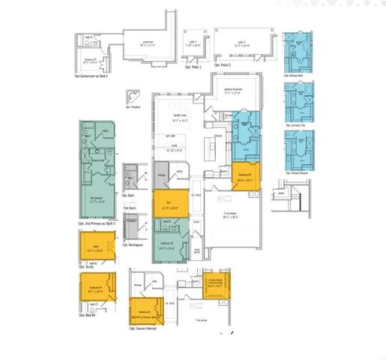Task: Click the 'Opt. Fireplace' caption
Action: (x=130, y=107)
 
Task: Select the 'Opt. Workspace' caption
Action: (x=136, y=244)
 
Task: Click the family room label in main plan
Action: (x=179, y=117)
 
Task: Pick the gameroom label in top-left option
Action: (x=148, y=43)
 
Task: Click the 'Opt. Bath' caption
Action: (x=132, y=196)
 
